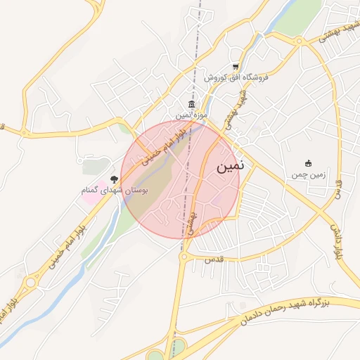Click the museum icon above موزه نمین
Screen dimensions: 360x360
coord(191,105)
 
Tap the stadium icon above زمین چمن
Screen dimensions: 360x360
coord(307,163)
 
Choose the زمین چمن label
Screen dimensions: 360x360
coord(307,173)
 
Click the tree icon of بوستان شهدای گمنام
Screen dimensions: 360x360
coord(115,180)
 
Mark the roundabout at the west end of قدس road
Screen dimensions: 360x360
coord(184,257)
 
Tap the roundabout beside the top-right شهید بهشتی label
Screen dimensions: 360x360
coord(300,41)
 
